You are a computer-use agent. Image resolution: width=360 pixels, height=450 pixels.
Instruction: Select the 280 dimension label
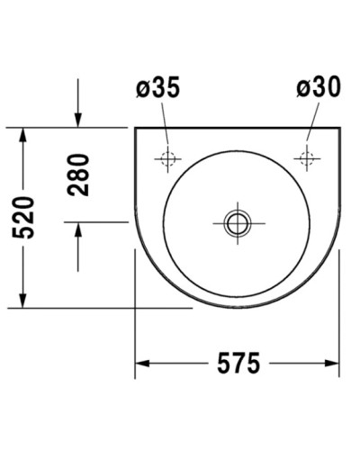[x=79, y=175]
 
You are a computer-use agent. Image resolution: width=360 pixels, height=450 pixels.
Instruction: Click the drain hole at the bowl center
[x=238, y=221]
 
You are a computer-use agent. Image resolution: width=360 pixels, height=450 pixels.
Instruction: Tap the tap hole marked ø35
[x=167, y=159]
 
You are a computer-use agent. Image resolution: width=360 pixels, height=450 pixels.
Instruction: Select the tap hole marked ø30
[x=307, y=159]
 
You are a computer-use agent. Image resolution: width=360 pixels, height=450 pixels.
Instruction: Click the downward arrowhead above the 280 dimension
[x=78, y=121]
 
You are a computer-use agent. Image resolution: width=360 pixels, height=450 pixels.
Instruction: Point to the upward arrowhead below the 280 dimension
[x=78, y=229]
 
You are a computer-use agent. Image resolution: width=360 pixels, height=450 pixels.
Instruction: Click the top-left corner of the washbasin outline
[x=135, y=128]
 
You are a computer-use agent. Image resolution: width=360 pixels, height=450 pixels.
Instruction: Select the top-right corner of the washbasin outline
[x=339, y=128]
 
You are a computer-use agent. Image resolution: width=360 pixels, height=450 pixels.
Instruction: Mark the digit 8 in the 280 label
[x=79, y=175]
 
